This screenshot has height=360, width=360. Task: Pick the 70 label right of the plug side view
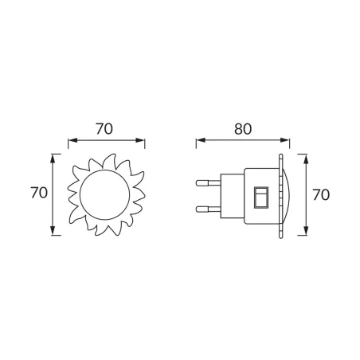click(321, 194)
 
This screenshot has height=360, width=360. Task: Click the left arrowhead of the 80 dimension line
click(199, 141)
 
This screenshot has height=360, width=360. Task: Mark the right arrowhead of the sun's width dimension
click(144, 141)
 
